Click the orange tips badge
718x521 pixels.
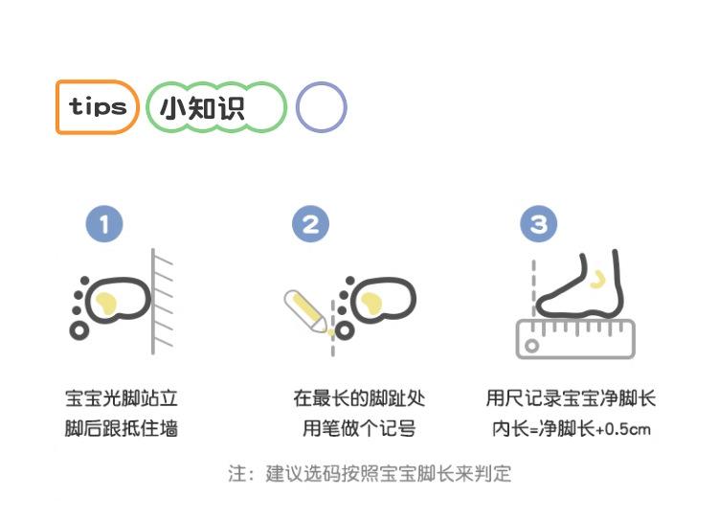(98, 106)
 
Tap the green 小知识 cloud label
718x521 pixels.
(216, 107)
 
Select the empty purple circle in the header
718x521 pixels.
(321, 107)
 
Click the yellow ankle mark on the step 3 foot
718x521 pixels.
(596, 278)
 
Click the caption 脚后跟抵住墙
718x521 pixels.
(121, 429)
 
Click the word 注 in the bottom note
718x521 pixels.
(237, 473)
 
